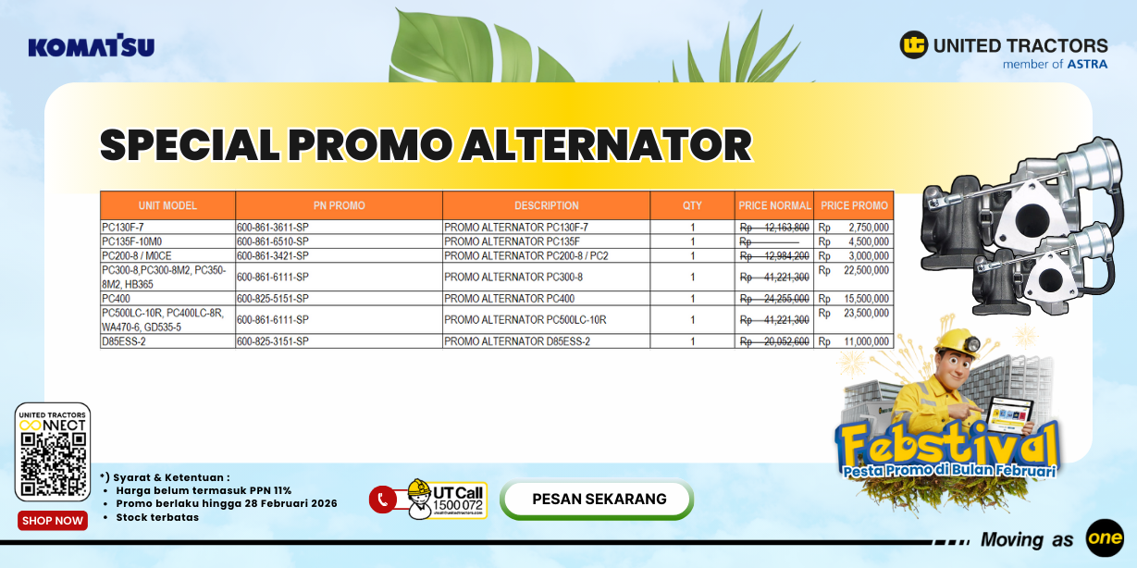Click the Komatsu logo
pyautogui.click(x=91, y=46)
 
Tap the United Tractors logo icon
pyautogui.click(x=914, y=44)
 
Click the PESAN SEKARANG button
pyautogui.click(x=599, y=500)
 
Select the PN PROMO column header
pyautogui.click(x=339, y=205)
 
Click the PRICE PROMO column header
pyautogui.click(x=854, y=205)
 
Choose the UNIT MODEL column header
pyautogui.click(x=167, y=205)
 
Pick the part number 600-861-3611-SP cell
pyautogui.click(x=273, y=227)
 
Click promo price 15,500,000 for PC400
pyautogui.click(x=866, y=299)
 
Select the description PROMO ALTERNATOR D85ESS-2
pyautogui.click(x=516, y=341)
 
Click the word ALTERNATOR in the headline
pyautogui.click(x=607, y=145)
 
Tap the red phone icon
pyautogui.click(x=382, y=500)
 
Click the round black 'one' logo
pyautogui.click(x=1105, y=538)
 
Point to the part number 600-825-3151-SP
pyautogui.click(x=273, y=341)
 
